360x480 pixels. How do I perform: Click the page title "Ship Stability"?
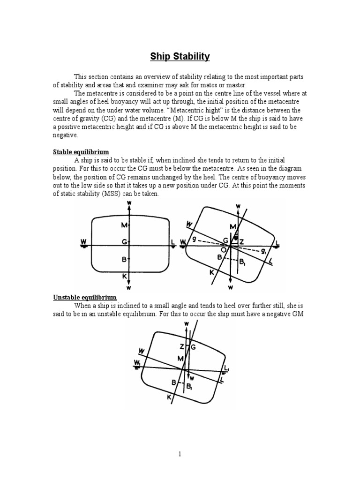pos(180,57)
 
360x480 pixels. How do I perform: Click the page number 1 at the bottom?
pos(180,454)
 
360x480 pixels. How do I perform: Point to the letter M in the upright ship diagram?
pos(124,225)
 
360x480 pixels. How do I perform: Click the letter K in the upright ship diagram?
pos(125,277)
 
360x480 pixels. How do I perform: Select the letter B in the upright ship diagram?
pos(124,259)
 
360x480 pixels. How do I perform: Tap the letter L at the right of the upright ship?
pos(173,241)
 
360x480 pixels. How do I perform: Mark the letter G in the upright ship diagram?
pos(124,242)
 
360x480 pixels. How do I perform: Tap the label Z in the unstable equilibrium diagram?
pos(181,347)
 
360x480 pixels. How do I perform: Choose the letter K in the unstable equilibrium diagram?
pos(169,397)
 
